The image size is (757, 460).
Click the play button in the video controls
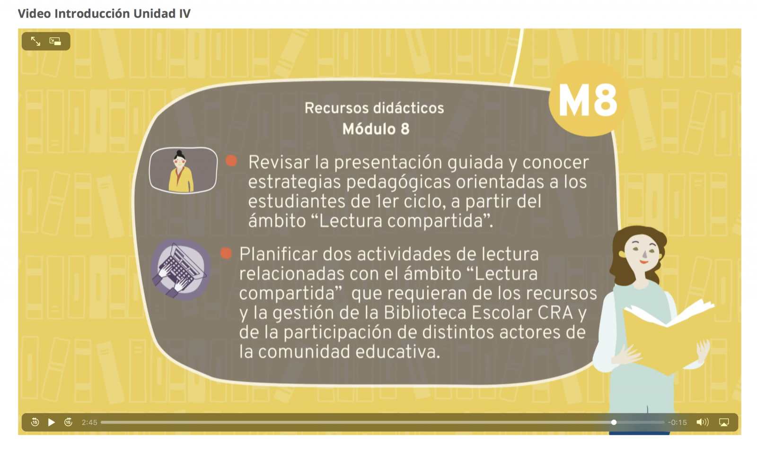pos(52,422)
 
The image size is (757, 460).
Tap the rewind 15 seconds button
pos(35,422)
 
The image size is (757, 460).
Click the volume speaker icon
pos(702,422)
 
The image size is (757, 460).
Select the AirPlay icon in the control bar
pos(724,422)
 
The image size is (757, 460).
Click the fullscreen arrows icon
pos(35,41)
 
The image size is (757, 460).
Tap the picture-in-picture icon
pos(55,41)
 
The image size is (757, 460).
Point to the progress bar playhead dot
pos(614,422)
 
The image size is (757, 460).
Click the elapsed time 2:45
pos(89,423)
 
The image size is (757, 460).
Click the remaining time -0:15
pos(677,423)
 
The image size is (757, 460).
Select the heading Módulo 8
pos(376,129)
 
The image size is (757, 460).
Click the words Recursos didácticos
pos(374,108)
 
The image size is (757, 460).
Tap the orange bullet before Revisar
pos(231,161)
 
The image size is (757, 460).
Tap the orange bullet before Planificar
pos(226,253)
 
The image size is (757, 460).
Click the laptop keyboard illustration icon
pos(180,269)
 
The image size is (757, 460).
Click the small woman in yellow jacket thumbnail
pos(183,170)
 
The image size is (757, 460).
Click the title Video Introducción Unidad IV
pos(104,14)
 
